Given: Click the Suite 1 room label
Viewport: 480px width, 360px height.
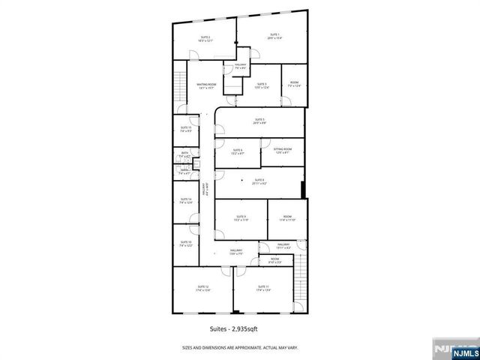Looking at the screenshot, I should [x=274, y=36].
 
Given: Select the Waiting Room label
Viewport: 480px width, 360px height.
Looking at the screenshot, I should [x=206, y=85].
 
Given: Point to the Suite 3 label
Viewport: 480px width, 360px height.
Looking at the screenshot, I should [x=260, y=85].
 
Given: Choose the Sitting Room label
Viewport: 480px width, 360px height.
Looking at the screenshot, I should [x=283, y=151].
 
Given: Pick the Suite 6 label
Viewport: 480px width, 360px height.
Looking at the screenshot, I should [x=238, y=151].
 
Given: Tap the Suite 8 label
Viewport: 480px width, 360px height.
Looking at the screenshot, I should [x=259, y=181].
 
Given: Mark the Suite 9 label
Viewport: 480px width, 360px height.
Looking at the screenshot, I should [x=240, y=218].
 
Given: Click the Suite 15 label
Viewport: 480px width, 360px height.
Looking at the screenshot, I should [x=185, y=129].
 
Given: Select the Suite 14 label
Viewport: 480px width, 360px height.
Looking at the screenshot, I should [x=185, y=200].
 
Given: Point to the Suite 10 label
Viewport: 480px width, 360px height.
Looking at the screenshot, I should [x=185, y=243].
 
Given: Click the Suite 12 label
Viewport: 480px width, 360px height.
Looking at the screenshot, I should [x=202, y=288].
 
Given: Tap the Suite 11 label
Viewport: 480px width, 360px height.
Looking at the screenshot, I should [x=262, y=288].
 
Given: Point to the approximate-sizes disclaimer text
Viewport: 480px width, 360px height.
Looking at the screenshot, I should [x=239, y=346].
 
